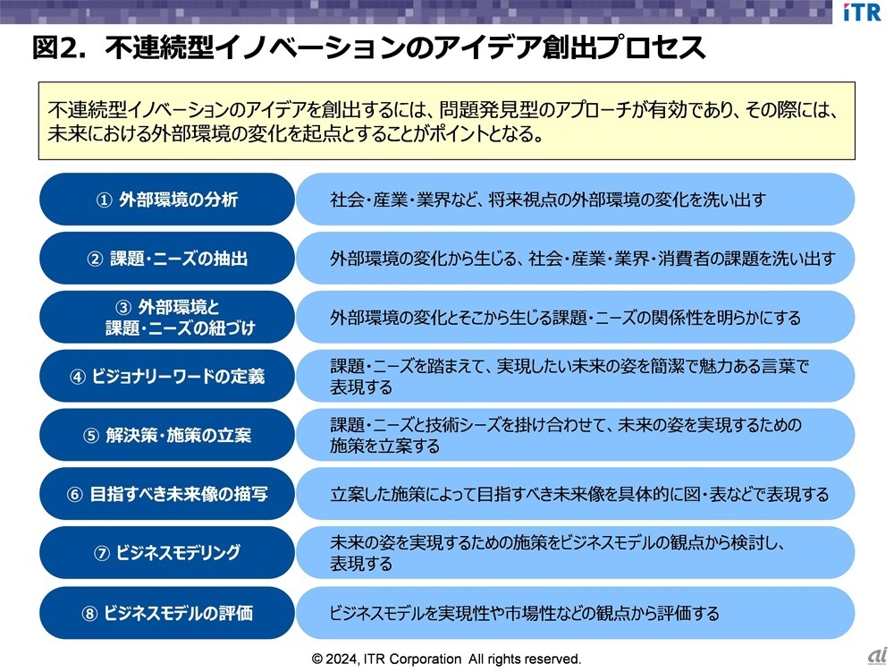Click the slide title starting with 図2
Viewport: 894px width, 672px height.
pyautogui.click(x=368, y=48)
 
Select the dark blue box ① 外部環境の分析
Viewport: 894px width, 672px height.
pyautogui.click(x=167, y=200)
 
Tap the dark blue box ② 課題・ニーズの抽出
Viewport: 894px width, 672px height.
pyautogui.click(x=167, y=259)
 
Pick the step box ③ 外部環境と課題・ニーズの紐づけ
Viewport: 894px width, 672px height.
pyautogui.click(x=167, y=317)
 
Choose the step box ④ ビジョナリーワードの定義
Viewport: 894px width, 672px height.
pyautogui.click(x=167, y=376)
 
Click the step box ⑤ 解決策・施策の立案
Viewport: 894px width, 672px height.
pyautogui.click(x=167, y=435)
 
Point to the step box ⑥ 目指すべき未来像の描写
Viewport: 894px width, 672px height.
pyautogui.click(x=167, y=494)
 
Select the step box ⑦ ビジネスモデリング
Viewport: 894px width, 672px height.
pyautogui.click(x=167, y=553)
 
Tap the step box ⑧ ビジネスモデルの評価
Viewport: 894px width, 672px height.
pyautogui.click(x=167, y=613)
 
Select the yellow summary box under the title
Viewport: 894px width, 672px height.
pyautogui.click(x=446, y=121)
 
